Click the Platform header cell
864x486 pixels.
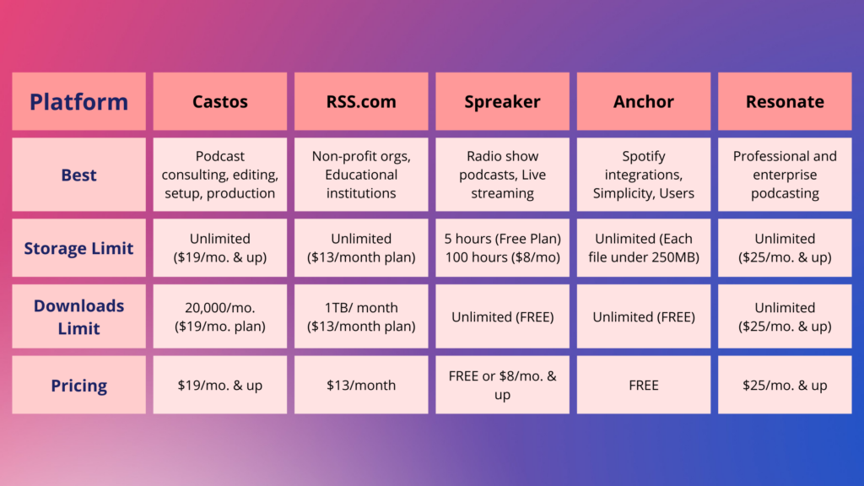[78, 101]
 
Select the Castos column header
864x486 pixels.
[220, 101]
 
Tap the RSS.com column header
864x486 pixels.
[361, 101]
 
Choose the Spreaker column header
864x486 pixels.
[503, 101]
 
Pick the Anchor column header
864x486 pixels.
[644, 101]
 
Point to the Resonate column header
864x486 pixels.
[785, 101]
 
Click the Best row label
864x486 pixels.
[78, 175]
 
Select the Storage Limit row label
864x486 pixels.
[78, 248]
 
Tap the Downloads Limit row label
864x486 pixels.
[78, 316]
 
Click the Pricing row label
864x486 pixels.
[78, 385]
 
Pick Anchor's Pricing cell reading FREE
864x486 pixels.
[644, 385]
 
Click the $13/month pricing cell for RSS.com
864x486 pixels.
[361, 385]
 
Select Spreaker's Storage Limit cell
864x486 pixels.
[503, 248]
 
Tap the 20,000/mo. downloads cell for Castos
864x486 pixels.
[220, 316]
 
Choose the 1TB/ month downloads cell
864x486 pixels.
[361, 316]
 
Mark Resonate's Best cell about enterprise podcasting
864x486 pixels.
[785, 175]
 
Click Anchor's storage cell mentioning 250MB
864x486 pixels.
[644, 248]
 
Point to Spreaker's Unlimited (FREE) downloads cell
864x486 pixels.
[503, 316]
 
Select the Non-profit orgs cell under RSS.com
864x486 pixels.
[361, 175]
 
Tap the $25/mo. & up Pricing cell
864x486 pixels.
[785, 385]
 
